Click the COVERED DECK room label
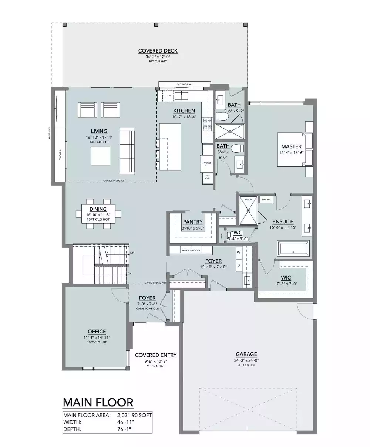(158, 51)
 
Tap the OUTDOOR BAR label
(185, 84)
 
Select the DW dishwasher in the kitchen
(168, 96)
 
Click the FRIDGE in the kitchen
(207, 163)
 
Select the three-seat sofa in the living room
(127, 152)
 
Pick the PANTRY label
(193, 222)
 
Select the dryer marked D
(239, 265)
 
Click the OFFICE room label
(97, 332)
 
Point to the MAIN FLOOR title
(98, 402)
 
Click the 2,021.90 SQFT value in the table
(134, 415)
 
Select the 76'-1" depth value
(124, 429)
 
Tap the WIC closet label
(286, 277)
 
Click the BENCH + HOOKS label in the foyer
(191, 250)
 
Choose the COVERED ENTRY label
(156, 355)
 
